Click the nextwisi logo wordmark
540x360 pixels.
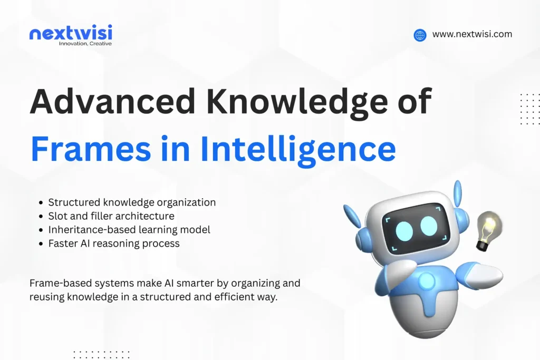[70, 33]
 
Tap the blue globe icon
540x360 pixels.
[420, 35]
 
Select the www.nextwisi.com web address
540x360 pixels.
[472, 34]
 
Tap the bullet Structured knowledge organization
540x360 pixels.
[132, 202]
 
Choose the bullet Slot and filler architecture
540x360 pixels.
[111, 216]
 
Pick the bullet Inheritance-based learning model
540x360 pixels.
[129, 229]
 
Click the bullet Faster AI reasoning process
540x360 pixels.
[114, 243]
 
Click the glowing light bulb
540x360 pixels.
[488, 228]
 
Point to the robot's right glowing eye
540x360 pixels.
[429, 225]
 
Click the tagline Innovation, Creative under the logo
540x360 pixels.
[85, 43]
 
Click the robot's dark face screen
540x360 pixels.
[417, 228]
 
